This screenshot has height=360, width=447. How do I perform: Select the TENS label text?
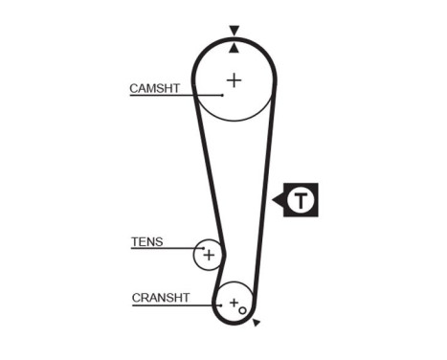point(146,242)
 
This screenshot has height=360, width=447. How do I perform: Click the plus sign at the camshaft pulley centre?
point(234,79)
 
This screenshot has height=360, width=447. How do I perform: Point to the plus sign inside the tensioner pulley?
point(209,255)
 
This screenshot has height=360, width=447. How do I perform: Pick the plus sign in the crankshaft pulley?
point(233,303)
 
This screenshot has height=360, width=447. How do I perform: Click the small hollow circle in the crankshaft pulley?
point(242,310)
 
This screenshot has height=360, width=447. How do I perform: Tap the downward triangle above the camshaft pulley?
point(234,31)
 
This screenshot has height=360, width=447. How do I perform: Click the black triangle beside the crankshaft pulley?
point(256,323)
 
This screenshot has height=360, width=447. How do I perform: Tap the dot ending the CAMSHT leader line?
point(222,95)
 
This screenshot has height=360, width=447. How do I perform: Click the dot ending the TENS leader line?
point(202,249)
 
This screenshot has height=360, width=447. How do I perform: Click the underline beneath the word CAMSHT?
point(163,95)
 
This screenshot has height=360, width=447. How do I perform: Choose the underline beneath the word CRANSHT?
point(168,304)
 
